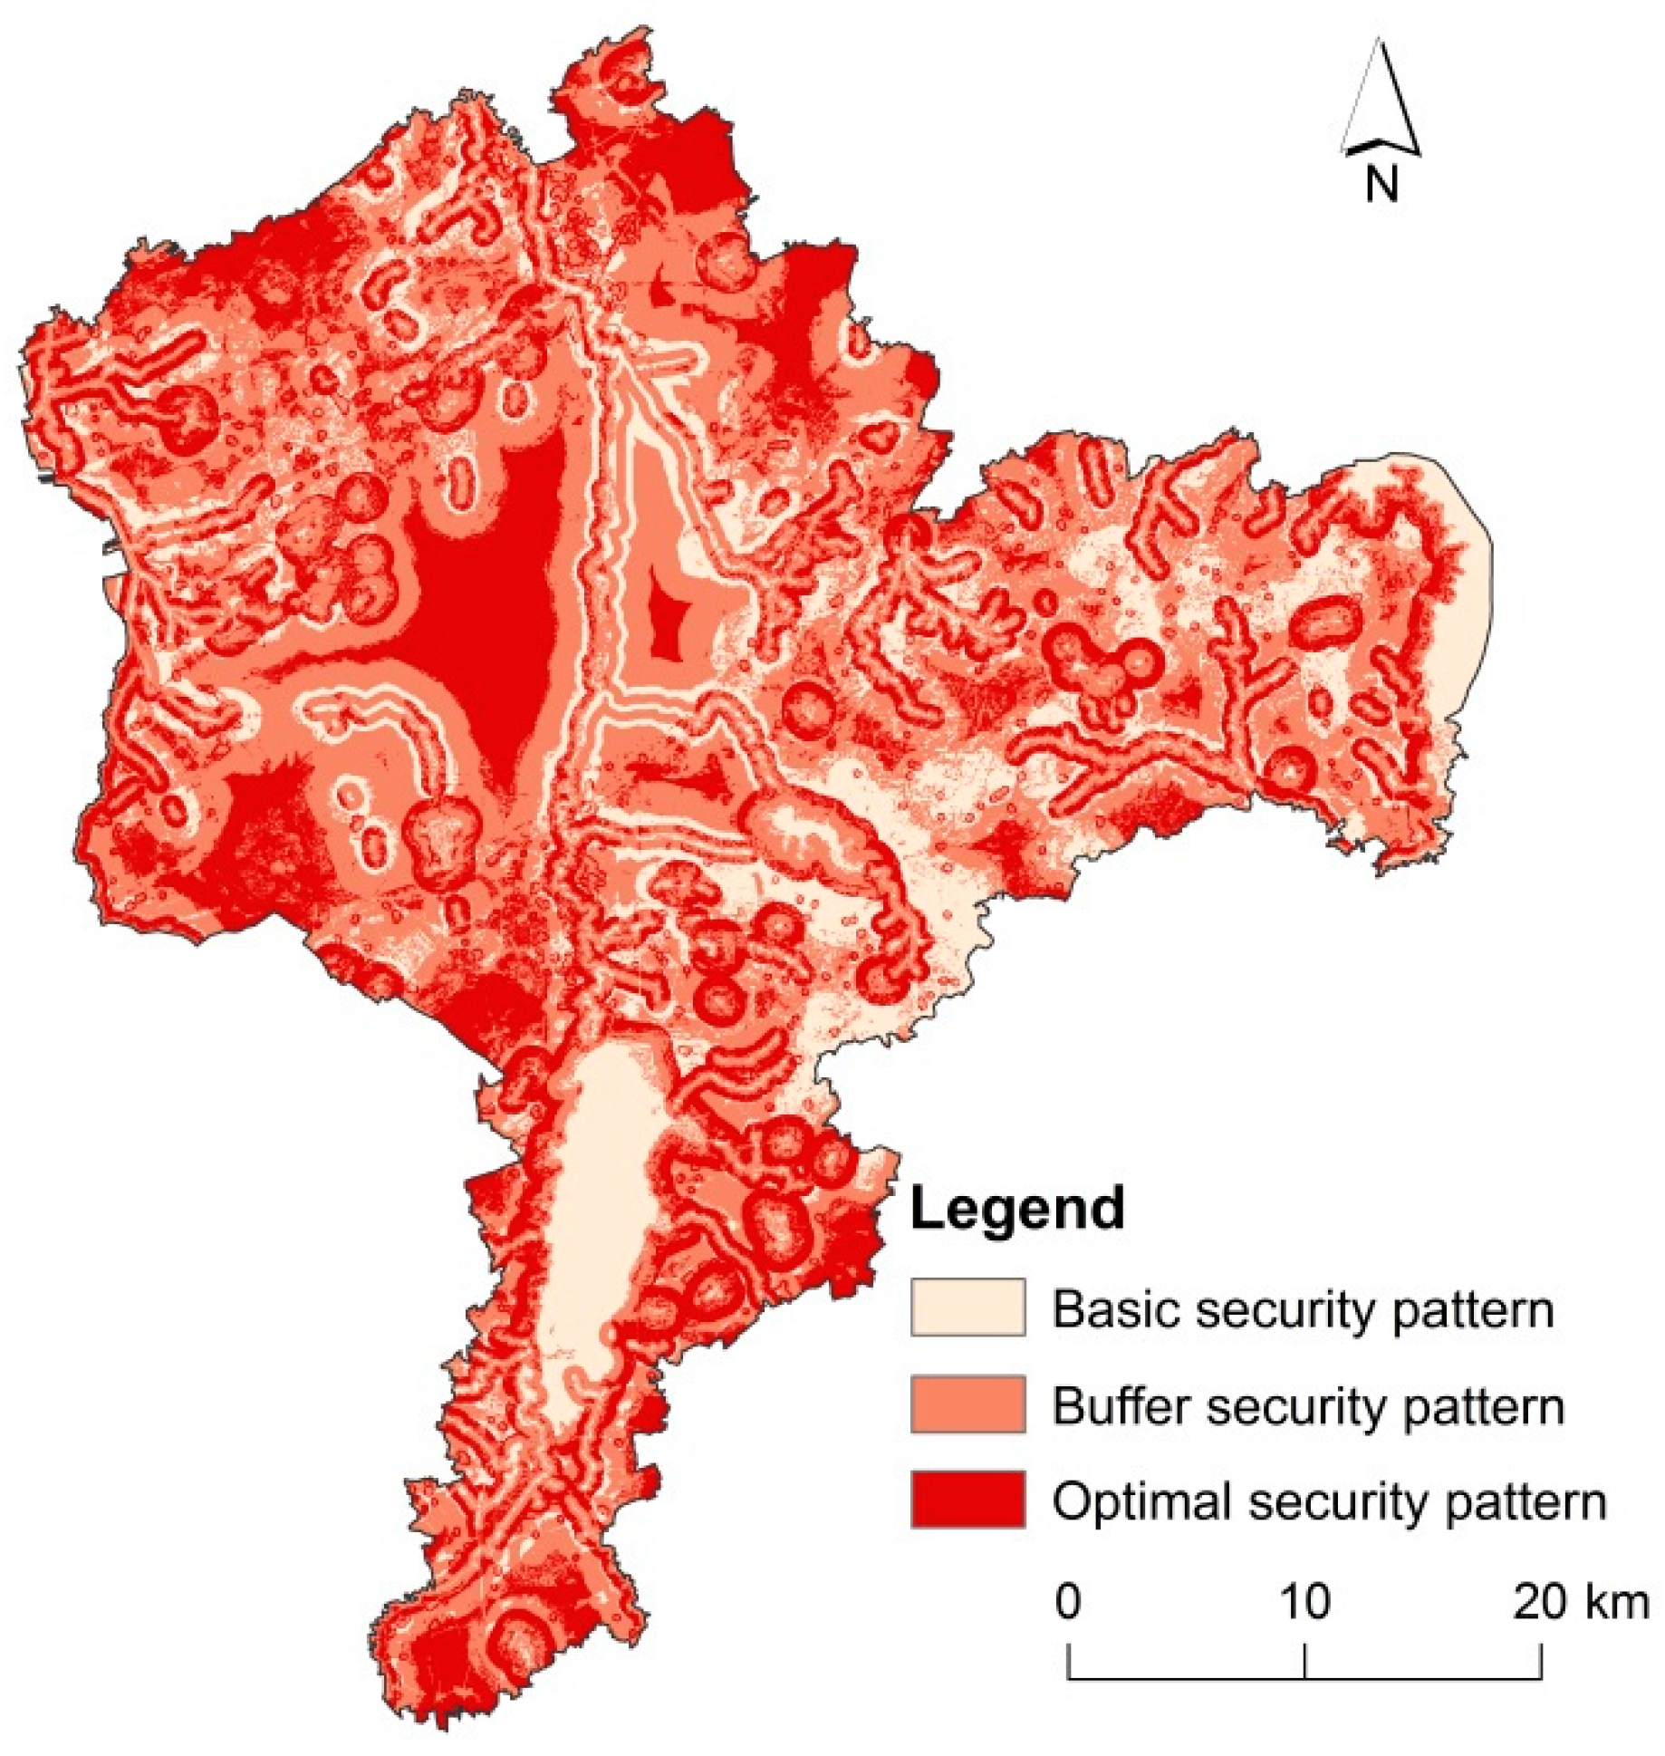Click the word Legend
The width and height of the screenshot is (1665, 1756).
click(x=1016, y=1209)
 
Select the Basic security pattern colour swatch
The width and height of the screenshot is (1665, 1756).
click(x=967, y=1307)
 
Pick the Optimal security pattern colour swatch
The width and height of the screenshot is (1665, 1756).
click(x=967, y=1500)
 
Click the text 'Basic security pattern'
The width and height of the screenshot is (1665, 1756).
click(x=1303, y=1310)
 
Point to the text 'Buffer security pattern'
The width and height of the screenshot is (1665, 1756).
click(x=1307, y=1406)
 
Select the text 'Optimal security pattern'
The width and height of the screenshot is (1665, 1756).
click(x=1329, y=1501)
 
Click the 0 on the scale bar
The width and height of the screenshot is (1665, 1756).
click(x=1068, y=1602)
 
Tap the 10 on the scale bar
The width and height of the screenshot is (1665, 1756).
click(x=1304, y=1602)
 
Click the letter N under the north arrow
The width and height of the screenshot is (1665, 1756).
click(x=1381, y=185)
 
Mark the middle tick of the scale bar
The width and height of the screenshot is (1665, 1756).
click(x=1304, y=1660)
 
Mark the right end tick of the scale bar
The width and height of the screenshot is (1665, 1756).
click(x=1541, y=1660)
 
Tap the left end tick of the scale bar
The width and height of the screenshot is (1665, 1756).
click(x=1069, y=1660)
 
